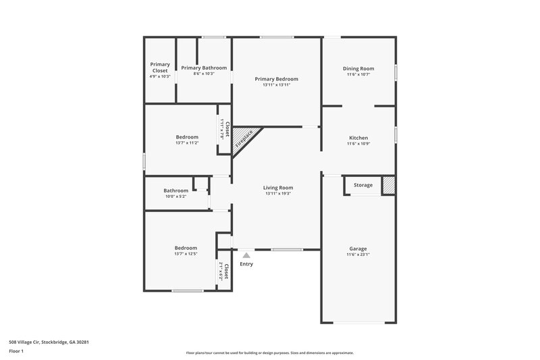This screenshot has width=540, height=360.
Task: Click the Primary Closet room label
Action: click(x=160, y=67)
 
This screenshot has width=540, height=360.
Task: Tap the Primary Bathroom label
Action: click(x=204, y=68)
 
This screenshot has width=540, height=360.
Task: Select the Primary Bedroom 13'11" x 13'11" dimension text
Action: click(x=276, y=85)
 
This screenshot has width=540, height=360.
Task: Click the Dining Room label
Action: click(x=358, y=68)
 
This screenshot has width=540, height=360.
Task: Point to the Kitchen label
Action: click(x=358, y=137)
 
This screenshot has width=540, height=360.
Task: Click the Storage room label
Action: click(x=363, y=185)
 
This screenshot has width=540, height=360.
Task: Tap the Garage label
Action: click(x=358, y=248)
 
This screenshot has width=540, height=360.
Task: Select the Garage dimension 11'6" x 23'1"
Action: click(x=358, y=255)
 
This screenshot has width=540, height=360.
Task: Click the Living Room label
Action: click(x=278, y=187)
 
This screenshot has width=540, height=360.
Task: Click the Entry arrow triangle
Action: click(x=246, y=255)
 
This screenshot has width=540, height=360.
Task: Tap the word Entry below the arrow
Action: click(x=246, y=264)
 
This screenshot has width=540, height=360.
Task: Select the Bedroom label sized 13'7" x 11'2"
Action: click(x=186, y=137)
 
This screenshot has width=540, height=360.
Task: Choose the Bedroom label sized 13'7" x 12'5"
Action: click(x=186, y=248)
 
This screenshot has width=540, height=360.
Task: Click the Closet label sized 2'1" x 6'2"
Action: click(x=227, y=272)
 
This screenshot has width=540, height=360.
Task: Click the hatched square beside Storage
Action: click(x=388, y=185)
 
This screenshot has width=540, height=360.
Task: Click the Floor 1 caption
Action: click(x=16, y=351)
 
